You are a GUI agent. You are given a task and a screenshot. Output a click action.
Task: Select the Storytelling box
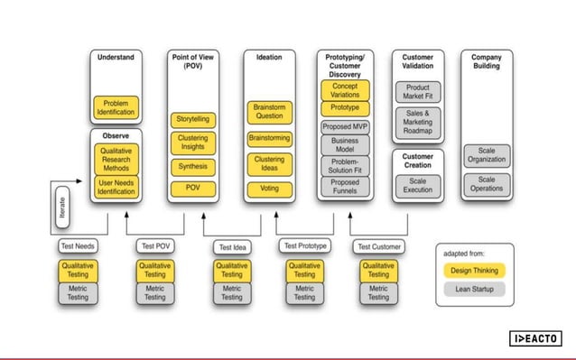[192, 118]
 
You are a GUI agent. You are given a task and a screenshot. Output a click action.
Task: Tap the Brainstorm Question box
[269, 112]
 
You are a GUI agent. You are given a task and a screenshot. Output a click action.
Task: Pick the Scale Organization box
[487, 154]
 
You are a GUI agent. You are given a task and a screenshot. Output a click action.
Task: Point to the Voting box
[269, 189]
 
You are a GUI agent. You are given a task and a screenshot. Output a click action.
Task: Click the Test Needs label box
[78, 245]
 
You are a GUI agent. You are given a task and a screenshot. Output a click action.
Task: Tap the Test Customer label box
[379, 246]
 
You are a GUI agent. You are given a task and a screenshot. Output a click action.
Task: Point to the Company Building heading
[487, 61]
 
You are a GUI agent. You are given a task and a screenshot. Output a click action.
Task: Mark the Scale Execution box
[417, 185]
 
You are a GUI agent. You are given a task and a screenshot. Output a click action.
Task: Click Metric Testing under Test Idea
[232, 292]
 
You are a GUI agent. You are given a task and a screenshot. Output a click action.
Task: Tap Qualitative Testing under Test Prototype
[306, 270]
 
